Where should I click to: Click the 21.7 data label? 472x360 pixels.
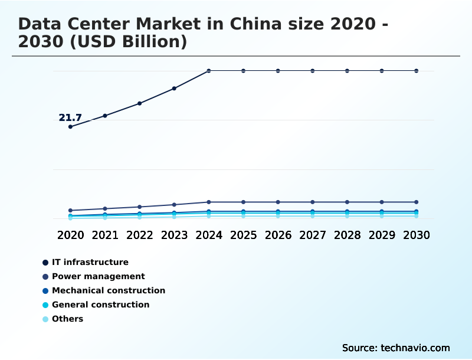click(x=70, y=118)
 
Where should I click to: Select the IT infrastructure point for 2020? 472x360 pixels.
click(x=71, y=126)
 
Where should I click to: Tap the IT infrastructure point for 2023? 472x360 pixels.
click(x=174, y=89)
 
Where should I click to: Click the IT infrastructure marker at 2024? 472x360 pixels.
click(x=209, y=71)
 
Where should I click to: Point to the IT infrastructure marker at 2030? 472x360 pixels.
click(x=417, y=71)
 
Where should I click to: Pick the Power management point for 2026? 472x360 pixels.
click(x=278, y=202)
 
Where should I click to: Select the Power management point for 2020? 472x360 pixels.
click(x=71, y=210)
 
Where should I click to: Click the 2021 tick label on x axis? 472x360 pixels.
click(x=105, y=235)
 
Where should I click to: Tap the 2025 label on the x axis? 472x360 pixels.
click(x=243, y=235)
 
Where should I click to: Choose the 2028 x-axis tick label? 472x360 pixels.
click(x=347, y=235)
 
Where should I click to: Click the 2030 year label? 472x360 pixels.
click(x=417, y=235)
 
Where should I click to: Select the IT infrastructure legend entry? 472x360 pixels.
click(x=90, y=262)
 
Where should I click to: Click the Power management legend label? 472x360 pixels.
click(x=98, y=276)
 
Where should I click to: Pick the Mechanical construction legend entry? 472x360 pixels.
click(x=108, y=290)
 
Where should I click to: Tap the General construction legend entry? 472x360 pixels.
click(x=100, y=305)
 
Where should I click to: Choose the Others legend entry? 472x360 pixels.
click(x=67, y=319)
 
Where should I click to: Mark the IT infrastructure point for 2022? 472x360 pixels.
click(x=140, y=103)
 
